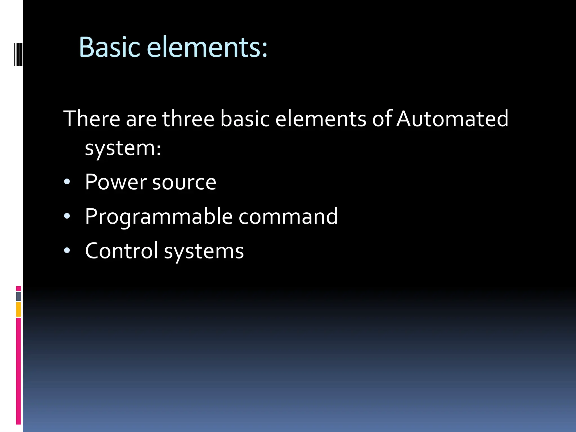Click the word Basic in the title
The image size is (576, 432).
pyautogui.click(x=109, y=47)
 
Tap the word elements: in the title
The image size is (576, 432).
pyautogui.click(x=207, y=47)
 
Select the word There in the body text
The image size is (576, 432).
pyautogui.click(x=92, y=119)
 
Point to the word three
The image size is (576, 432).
pyautogui.click(x=188, y=119)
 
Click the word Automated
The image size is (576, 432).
pyautogui.click(x=452, y=119)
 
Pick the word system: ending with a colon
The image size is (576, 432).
pyautogui.click(x=123, y=148)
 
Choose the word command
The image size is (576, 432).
pyautogui.click(x=288, y=217)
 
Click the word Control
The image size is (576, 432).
pyautogui.click(x=121, y=251)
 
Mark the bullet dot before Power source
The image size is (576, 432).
pyautogui.click(x=67, y=182)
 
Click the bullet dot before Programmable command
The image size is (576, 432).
pyautogui.click(x=67, y=216)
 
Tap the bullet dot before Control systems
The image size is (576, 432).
pyautogui.click(x=67, y=250)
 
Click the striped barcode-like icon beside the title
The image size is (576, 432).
pyautogui.click(x=18, y=54)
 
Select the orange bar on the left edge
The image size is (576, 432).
pyautogui.click(x=18, y=309)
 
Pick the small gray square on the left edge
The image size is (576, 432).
pyautogui.click(x=18, y=296)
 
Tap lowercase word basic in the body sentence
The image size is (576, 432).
pyautogui.click(x=244, y=119)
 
